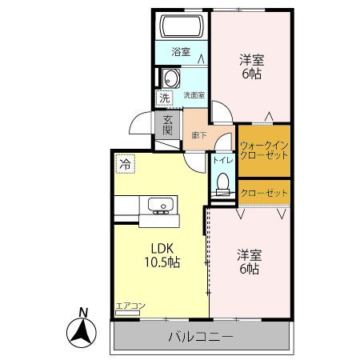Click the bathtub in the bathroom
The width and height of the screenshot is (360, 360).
pyautogui.click(x=182, y=26)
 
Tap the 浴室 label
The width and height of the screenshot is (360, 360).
pyautogui.click(x=181, y=52)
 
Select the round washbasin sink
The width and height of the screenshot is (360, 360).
pyautogui.click(x=170, y=78)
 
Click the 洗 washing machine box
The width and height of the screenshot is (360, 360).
pyautogui.click(x=164, y=98)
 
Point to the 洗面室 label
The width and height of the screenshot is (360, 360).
pyautogui.click(x=194, y=95)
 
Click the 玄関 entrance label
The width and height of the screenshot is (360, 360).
pyautogui.click(x=167, y=126)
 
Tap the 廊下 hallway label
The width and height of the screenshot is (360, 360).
pyautogui.click(x=199, y=136)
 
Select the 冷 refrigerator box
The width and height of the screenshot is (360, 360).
pyautogui.click(x=125, y=164)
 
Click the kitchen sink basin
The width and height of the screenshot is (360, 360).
pyautogui.click(x=161, y=205)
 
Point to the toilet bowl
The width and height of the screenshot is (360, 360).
pyautogui.click(x=222, y=183)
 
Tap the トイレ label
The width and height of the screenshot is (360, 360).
pyautogui.click(x=223, y=160)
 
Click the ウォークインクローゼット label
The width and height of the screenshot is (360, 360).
pyautogui.click(x=264, y=150)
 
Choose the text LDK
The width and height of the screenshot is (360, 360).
pyautogui.click(x=162, y=249)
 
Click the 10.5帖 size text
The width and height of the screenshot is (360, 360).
pyautogui.click(x=162, y=262)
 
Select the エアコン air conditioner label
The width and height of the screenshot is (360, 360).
pyautogui.click(x=130, y=306)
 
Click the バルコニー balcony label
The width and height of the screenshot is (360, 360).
pyautogui.click(x=201, y=337)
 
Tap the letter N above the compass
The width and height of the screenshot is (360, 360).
pyautogui.click(x=83, y=312)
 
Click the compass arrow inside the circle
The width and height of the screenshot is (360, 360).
pyautogui.click(x=82, y=330)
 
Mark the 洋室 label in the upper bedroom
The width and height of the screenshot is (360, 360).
pyautogui.click(x=251, y=60)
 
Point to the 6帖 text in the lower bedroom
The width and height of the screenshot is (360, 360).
pyautogui.click(x=250, y=269)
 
